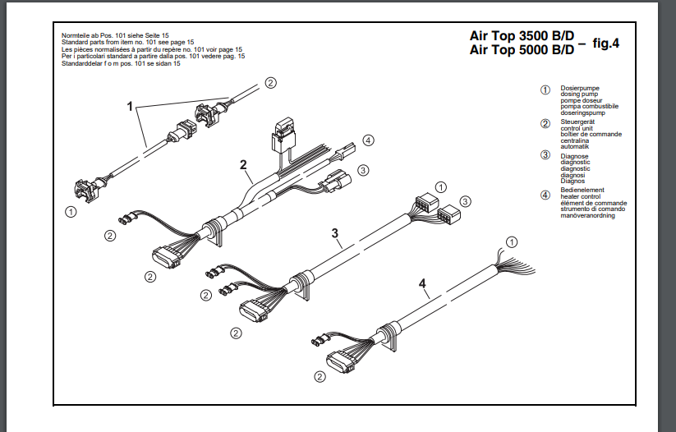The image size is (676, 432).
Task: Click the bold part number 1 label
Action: coord(129,106)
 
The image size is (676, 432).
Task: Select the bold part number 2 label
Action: coord(244,164)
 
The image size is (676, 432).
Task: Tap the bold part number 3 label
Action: coord(335,233)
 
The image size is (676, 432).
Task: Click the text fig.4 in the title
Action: coord(605,43)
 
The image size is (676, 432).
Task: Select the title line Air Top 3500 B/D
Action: coord(522,37)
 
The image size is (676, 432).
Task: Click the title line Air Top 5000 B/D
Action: coord(522,50)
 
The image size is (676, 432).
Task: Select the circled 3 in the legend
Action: coord(545,154)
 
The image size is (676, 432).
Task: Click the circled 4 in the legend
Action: coord(545,195)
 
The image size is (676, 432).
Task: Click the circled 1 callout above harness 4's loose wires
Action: coord(512,241)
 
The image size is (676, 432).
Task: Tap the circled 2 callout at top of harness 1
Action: coord(270,82)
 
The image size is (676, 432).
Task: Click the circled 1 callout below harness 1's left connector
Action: coord(71,211)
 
